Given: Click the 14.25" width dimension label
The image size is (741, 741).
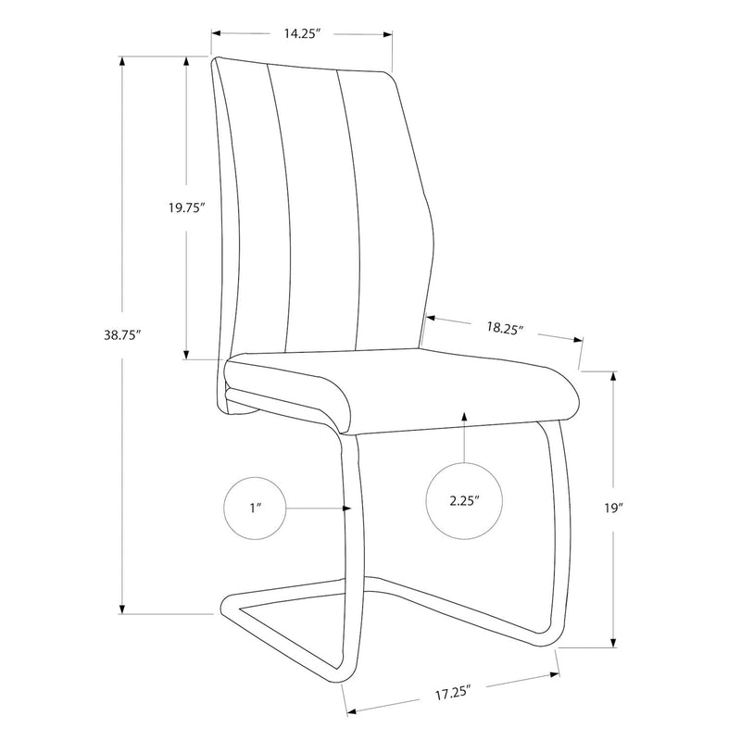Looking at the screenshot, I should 302,34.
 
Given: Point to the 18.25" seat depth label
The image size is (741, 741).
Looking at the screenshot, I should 505,327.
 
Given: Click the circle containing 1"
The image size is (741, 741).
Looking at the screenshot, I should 255,509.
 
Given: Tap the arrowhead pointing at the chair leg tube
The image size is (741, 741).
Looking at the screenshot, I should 346,509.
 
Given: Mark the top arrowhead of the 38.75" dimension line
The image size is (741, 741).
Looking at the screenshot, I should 122,60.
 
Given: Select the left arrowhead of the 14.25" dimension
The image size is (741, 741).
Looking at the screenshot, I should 215,35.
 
